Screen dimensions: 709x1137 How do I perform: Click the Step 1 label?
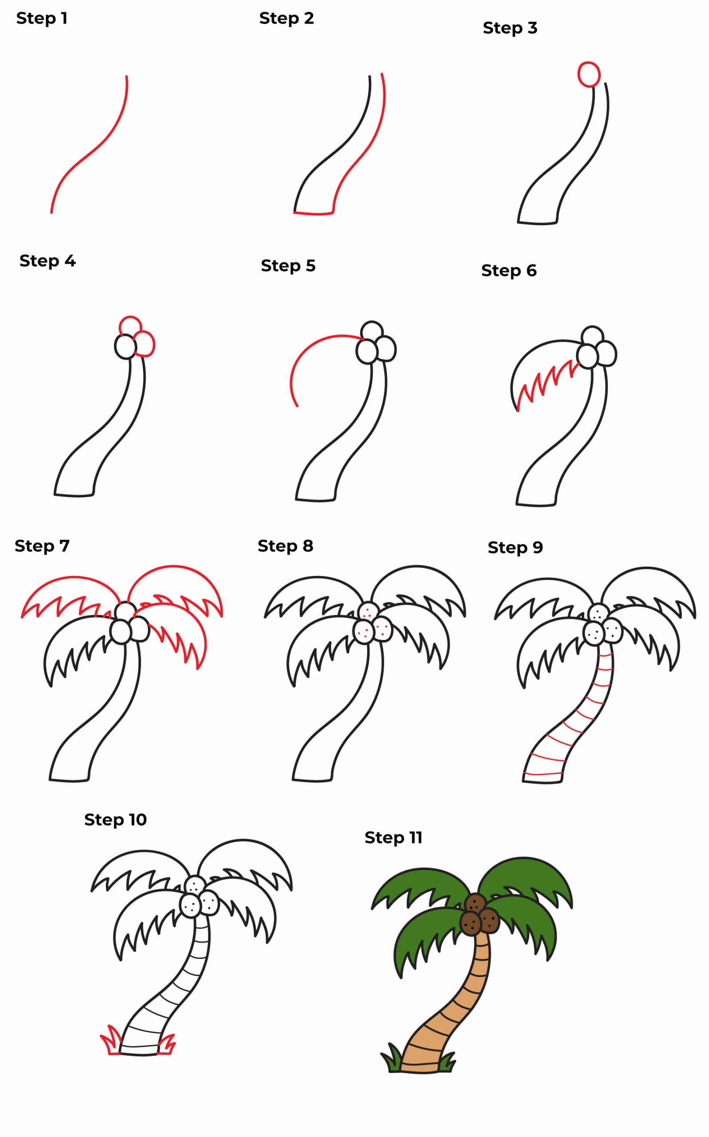[x=42, y=18]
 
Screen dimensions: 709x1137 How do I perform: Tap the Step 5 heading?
[x=288, y=266]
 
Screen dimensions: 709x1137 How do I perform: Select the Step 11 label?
[x=394, y=838]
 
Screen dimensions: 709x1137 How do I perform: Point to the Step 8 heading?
[x=286, y=546]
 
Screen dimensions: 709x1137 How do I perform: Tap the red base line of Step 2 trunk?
[x=313, y=214]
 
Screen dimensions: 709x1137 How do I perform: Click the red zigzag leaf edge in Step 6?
[x=546, y=382]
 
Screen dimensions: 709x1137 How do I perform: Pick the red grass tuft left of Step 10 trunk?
[x=111, y=1041]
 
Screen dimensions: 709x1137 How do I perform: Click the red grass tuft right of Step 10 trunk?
[x=167, y=1045]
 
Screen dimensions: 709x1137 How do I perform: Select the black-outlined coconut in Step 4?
[x=125, y=347]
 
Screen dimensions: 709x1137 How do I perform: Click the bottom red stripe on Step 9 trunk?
[x=543, y=774]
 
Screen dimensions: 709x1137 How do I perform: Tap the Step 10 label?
[x=116, y=820]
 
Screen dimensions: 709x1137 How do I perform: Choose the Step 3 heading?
[x=510, y=28]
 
